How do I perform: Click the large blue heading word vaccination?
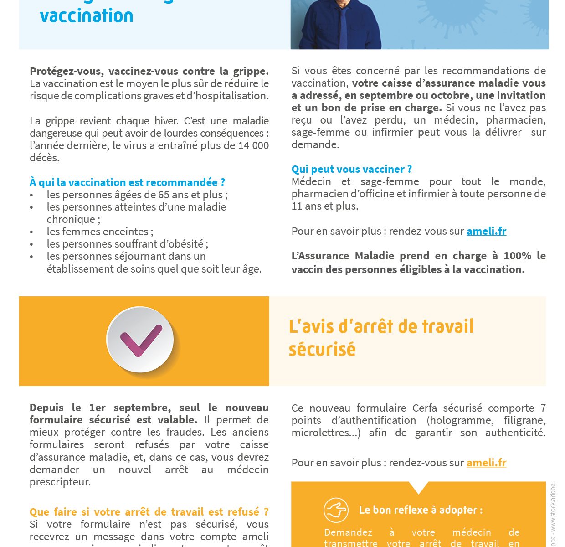tap(87, 15)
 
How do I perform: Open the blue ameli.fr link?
tap(486, 231)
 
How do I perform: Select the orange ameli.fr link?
tap(486, 463)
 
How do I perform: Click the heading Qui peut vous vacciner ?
tap(351, 169)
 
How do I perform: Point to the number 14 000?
tap(253, 145)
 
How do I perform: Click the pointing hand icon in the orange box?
tap(336, 510)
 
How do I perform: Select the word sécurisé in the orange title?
tap(322, 350)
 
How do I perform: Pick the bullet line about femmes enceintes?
tap(100, 232)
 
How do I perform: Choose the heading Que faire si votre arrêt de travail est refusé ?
tap(149, 512)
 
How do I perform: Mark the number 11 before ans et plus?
tap(297, 206)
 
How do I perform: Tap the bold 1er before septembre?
tap(98, 408)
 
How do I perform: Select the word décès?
tap(44, 158)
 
